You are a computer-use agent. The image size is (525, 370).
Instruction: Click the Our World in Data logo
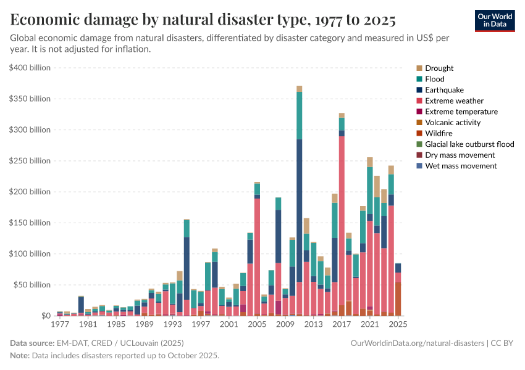coord(494,20)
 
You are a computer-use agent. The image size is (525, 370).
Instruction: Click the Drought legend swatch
coord(420,68)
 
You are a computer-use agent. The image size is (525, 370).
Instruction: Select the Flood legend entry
coord(434,79)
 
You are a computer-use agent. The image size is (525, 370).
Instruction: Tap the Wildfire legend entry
coord(438,133)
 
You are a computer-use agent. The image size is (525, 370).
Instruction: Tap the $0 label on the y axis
coord(45,316)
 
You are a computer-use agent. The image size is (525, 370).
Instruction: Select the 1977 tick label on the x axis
coord(60,324)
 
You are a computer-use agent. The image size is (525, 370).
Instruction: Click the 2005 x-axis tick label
coord(257,324)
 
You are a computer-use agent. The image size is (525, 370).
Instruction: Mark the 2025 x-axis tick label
coord(398,324)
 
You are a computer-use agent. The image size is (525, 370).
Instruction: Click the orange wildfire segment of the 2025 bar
coord(398,299)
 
